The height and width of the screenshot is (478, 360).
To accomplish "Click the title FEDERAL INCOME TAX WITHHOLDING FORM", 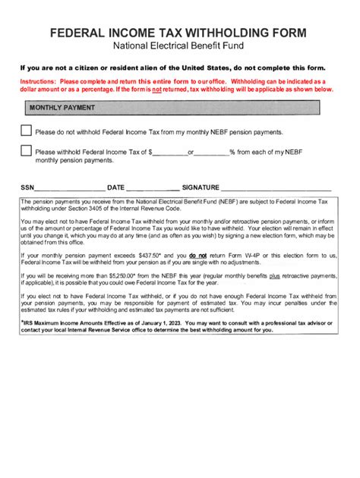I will click(179, 33).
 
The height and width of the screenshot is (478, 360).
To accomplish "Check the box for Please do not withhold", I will click(26, 131).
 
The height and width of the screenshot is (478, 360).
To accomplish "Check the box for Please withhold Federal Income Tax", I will click(26, 151).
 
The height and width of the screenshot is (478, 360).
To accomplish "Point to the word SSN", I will click(27, 187).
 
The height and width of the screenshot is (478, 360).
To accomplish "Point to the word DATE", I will click(115, 187).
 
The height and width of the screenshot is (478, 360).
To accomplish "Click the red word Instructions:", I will click(38, 81).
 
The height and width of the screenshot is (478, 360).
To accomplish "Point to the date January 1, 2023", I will click(159, 322).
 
